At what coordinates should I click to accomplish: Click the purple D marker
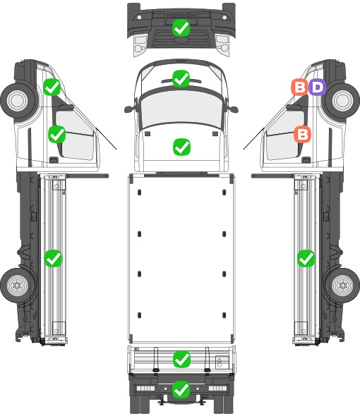[317, 87]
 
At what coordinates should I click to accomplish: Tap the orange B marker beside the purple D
[300, 87]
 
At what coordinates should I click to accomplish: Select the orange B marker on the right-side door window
[303, 134]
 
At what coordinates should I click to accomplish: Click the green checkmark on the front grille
[181, 28]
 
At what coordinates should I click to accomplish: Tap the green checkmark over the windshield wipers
[181, 78]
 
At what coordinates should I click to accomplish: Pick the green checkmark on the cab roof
[181, 147]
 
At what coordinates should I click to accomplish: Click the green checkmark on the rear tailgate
[181, 360]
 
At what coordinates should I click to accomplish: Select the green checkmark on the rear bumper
[181, 389]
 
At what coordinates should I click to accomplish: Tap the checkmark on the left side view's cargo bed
[53, 258]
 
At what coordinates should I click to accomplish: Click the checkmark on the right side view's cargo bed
[306, 258]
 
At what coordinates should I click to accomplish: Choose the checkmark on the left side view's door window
[57, 134]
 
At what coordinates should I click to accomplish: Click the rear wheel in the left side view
[18, 286]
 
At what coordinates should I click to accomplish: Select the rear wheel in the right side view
[342, 286]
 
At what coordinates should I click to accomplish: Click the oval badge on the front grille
[181, 39]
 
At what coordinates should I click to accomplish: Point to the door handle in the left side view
[54, 160]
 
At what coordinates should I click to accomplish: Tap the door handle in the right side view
[306, 160]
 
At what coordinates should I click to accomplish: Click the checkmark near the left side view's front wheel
[52, 87]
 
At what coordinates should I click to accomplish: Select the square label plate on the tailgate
[222, 362]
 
